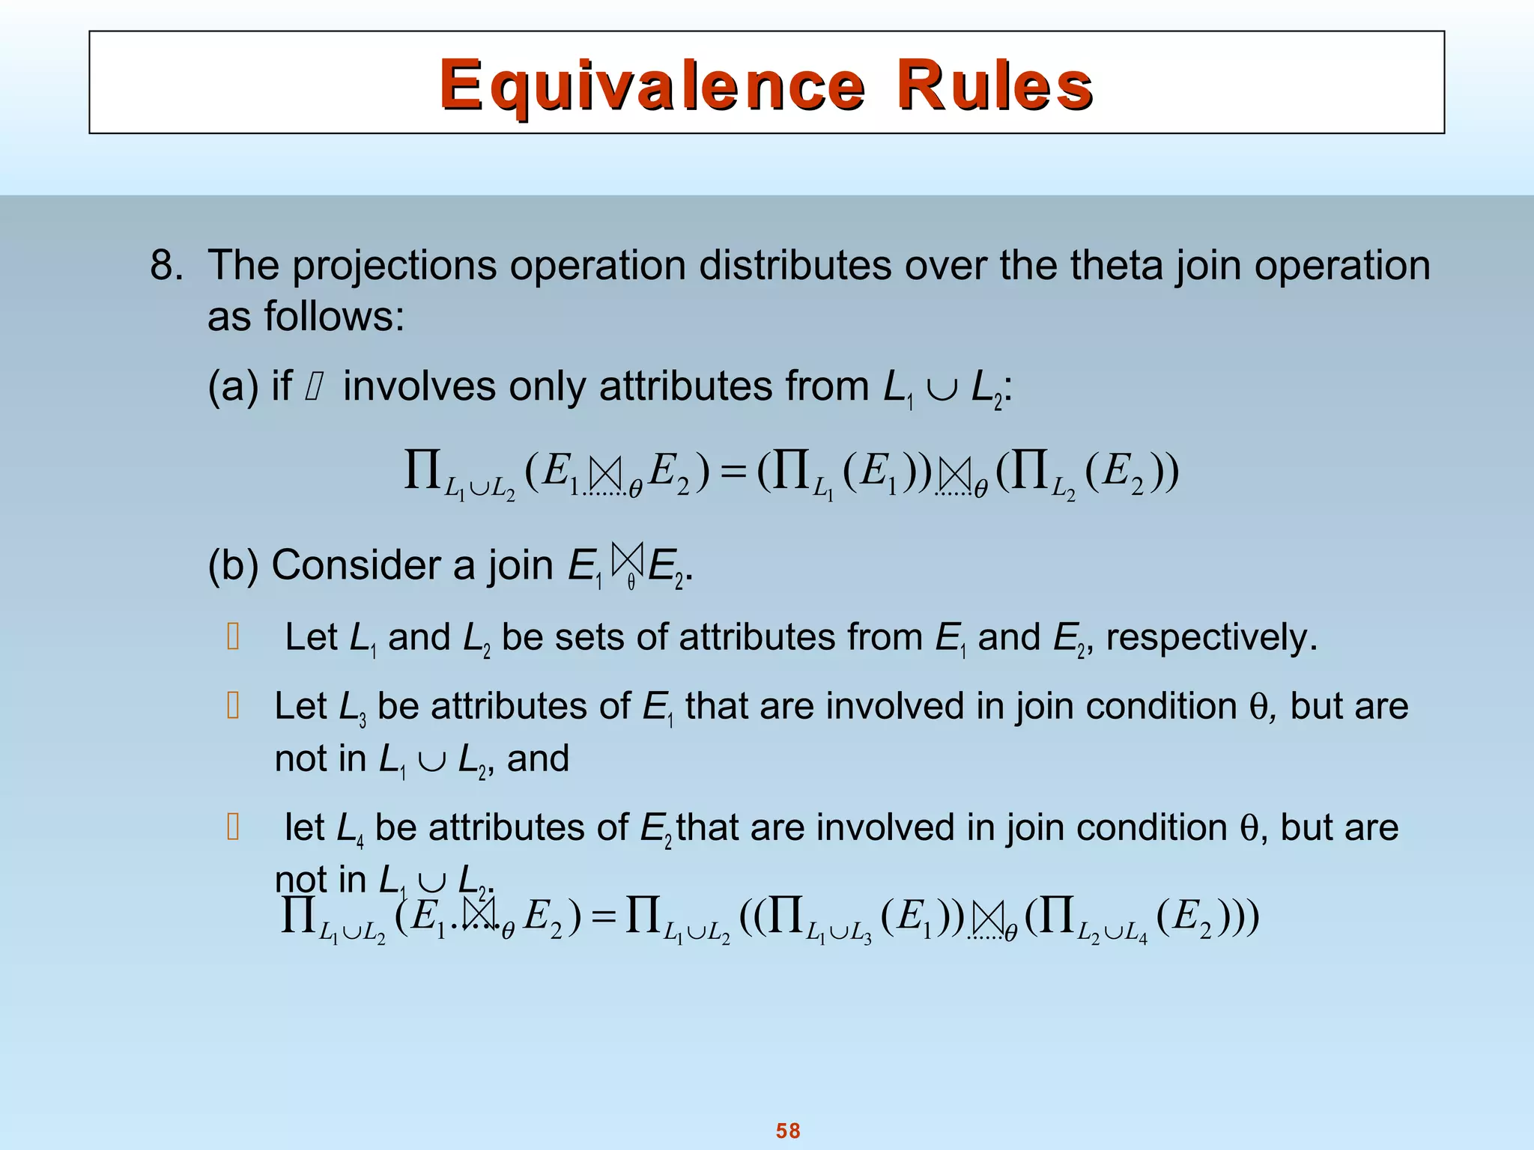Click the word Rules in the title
coord(994,85)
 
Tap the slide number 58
coord(788,1130)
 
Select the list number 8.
coord(166,265)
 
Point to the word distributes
coord(795,265)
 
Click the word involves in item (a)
coord(419,387)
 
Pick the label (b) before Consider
coord(233,565)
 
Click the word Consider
coord(373,565)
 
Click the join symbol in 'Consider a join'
coord(627,559)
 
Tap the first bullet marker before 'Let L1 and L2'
coord(233,638)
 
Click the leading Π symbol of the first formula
coord(422,470)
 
